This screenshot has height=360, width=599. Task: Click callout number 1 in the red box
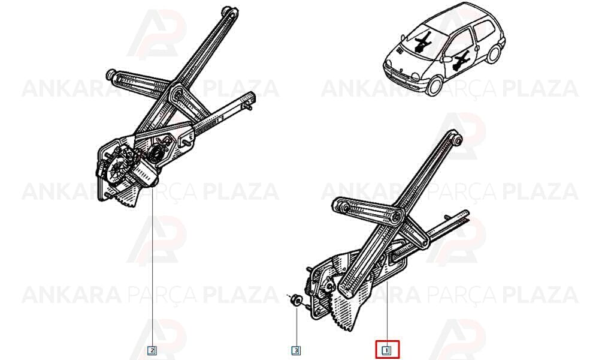click(x=386, y=350)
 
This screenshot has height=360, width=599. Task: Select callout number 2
click(x=152, y=350)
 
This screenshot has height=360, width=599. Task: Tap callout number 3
click(x=296, y=350)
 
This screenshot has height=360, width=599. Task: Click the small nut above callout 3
click(x=297, y=299)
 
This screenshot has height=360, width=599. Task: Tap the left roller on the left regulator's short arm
click(x=111, y=74)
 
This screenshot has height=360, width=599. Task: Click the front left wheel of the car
click(x=434, y=85)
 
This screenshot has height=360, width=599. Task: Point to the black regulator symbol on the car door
click(x=461, y=61)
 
